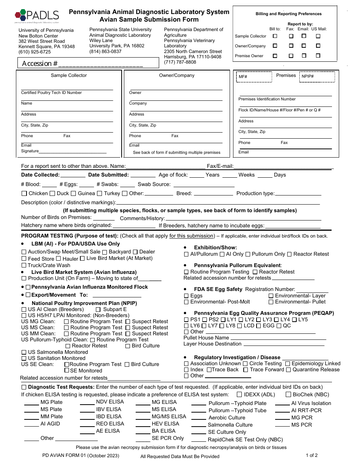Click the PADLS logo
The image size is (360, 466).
37,16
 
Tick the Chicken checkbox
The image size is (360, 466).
24,194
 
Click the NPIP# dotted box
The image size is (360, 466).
317,77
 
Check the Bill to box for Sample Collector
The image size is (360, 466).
275,36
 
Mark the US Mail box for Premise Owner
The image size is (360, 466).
318,56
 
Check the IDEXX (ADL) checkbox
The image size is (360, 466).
239,394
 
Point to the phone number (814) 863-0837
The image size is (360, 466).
105,52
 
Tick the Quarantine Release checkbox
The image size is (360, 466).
288,370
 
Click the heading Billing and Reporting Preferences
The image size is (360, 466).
288,14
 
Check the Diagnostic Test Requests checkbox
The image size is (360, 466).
24,387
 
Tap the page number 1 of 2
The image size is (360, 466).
311,455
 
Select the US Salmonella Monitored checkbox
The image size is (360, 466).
24,352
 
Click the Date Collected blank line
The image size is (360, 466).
73,175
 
